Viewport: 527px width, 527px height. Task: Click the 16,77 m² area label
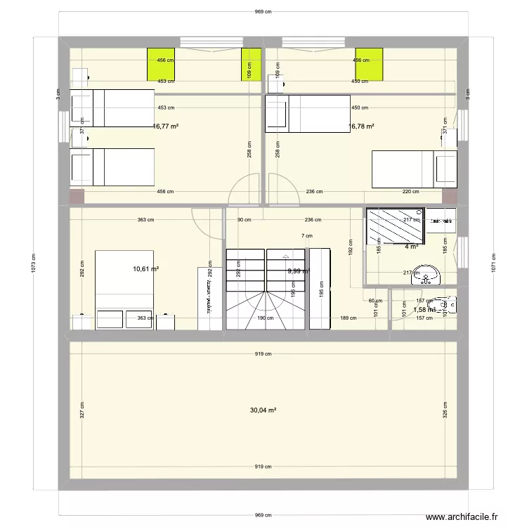[x=166, y=126]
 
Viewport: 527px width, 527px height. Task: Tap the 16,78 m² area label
[x=361, y=126]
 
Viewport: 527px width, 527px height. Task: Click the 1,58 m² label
[x=424, y=309]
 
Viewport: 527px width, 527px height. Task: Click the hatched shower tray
[x=395, y=226]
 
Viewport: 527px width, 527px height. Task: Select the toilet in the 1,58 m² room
[x=448, y=304]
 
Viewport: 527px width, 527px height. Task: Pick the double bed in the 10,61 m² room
[x=124, y=289]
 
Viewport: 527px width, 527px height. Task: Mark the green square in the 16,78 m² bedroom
[x=369, y=64]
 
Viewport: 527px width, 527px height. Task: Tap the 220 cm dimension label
[x=410, y=191]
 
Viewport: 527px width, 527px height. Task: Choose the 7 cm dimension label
[x=307, y=236]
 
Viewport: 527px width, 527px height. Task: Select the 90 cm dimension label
[x=244, y=220]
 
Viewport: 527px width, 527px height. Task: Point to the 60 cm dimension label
[x=377, y=301]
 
